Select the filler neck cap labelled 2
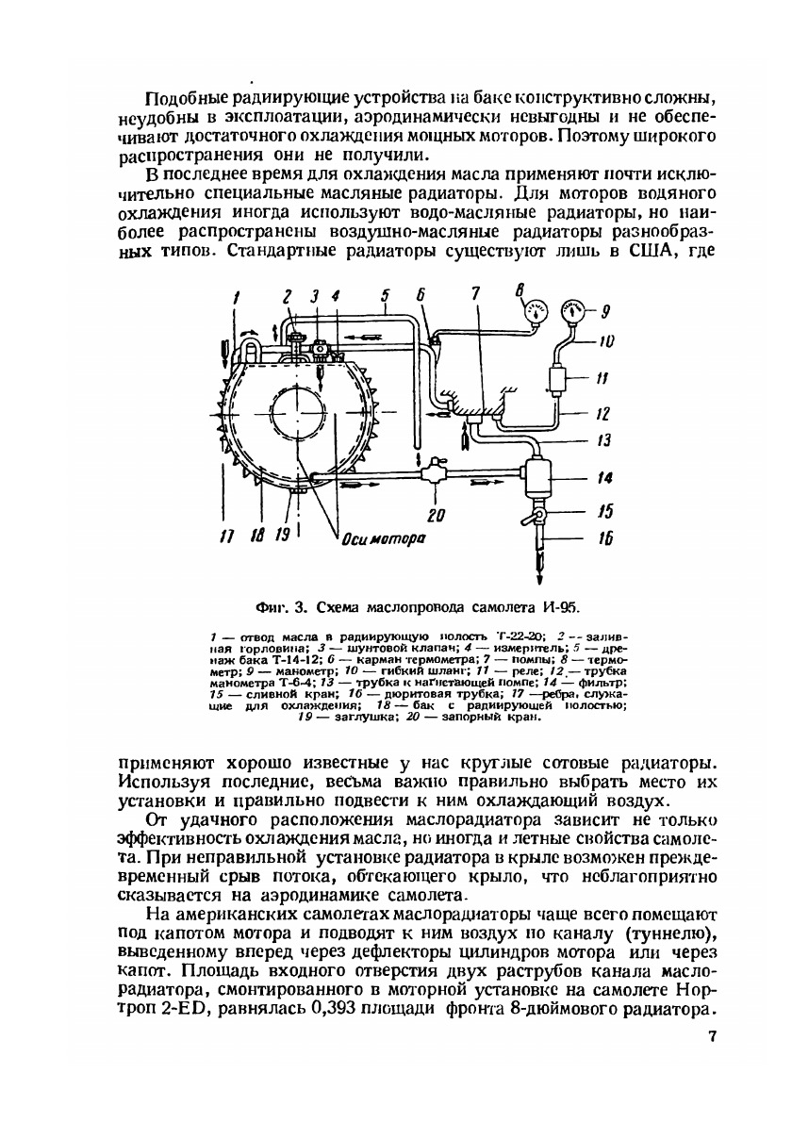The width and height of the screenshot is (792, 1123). click(x=295, y=336)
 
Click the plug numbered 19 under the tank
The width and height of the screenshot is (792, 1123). click(x=298, y=489)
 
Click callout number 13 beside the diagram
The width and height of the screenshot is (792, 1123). click(x=603, y=441)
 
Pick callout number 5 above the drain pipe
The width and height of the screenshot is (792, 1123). click(x=386, y=298)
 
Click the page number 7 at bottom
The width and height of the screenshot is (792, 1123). click(x=712, y=1040)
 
